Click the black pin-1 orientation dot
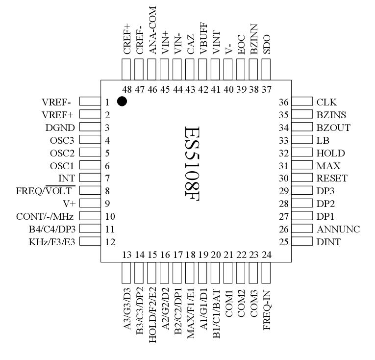pos(122,102)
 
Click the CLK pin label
pos(325,102)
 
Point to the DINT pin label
pos(327,241)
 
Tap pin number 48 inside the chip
pos(126,88)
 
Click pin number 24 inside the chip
pos(267,255)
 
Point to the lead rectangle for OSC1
pos(89,165)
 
